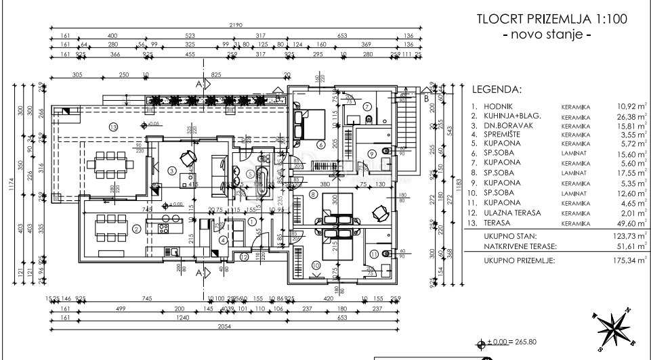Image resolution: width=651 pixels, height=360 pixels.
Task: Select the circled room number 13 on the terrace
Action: pos(113,127)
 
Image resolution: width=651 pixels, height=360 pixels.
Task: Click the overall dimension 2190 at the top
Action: pos(236,25)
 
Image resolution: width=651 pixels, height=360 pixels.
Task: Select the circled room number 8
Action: pos(313,194)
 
